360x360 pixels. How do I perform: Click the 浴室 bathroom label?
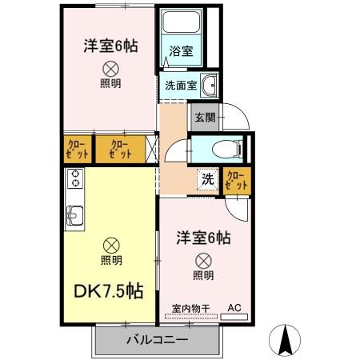[181, 51]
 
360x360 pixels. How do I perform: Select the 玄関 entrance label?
[204, 117]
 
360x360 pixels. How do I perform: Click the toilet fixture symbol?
[226, 148]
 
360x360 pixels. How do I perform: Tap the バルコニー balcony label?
[157, 340]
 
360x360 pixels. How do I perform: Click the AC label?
[234, 306]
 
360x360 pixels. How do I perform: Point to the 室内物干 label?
[190, 307]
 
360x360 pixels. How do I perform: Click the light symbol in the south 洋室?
[203, 260]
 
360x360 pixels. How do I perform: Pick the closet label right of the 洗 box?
[237, 180]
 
